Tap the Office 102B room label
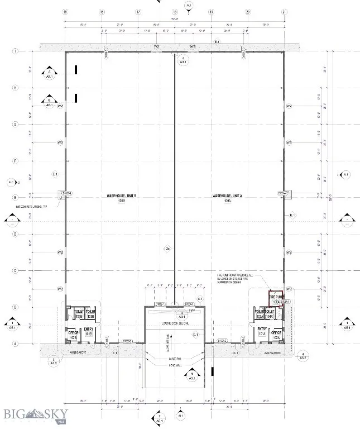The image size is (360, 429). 73,334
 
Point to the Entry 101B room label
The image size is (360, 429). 88,331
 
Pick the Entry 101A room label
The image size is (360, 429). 261,331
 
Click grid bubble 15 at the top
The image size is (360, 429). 65,12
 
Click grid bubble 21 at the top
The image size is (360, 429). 284,12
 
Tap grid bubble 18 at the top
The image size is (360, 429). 175,12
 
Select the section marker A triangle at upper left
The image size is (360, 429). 49,73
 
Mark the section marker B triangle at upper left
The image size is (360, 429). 49,101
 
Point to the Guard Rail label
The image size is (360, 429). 175,359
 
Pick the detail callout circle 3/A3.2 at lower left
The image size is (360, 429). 54,361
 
